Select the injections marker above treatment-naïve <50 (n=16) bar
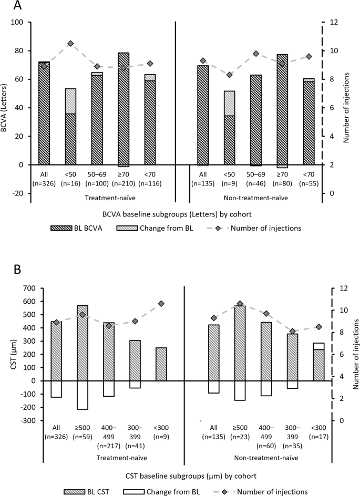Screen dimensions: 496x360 pos(70,44)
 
